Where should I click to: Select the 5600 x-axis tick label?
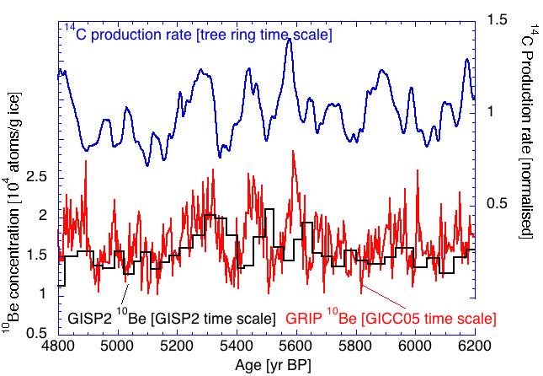click(295, 346)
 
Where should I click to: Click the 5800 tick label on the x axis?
click(354, 346)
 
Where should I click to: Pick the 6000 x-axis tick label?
click(414, 346)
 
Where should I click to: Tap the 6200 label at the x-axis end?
click(473, 346)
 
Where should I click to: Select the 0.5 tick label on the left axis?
click(40, 333)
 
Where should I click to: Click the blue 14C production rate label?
click(199, 34)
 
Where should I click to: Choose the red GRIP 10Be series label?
click(390, 319)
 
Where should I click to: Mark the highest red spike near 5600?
click(293, 151)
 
